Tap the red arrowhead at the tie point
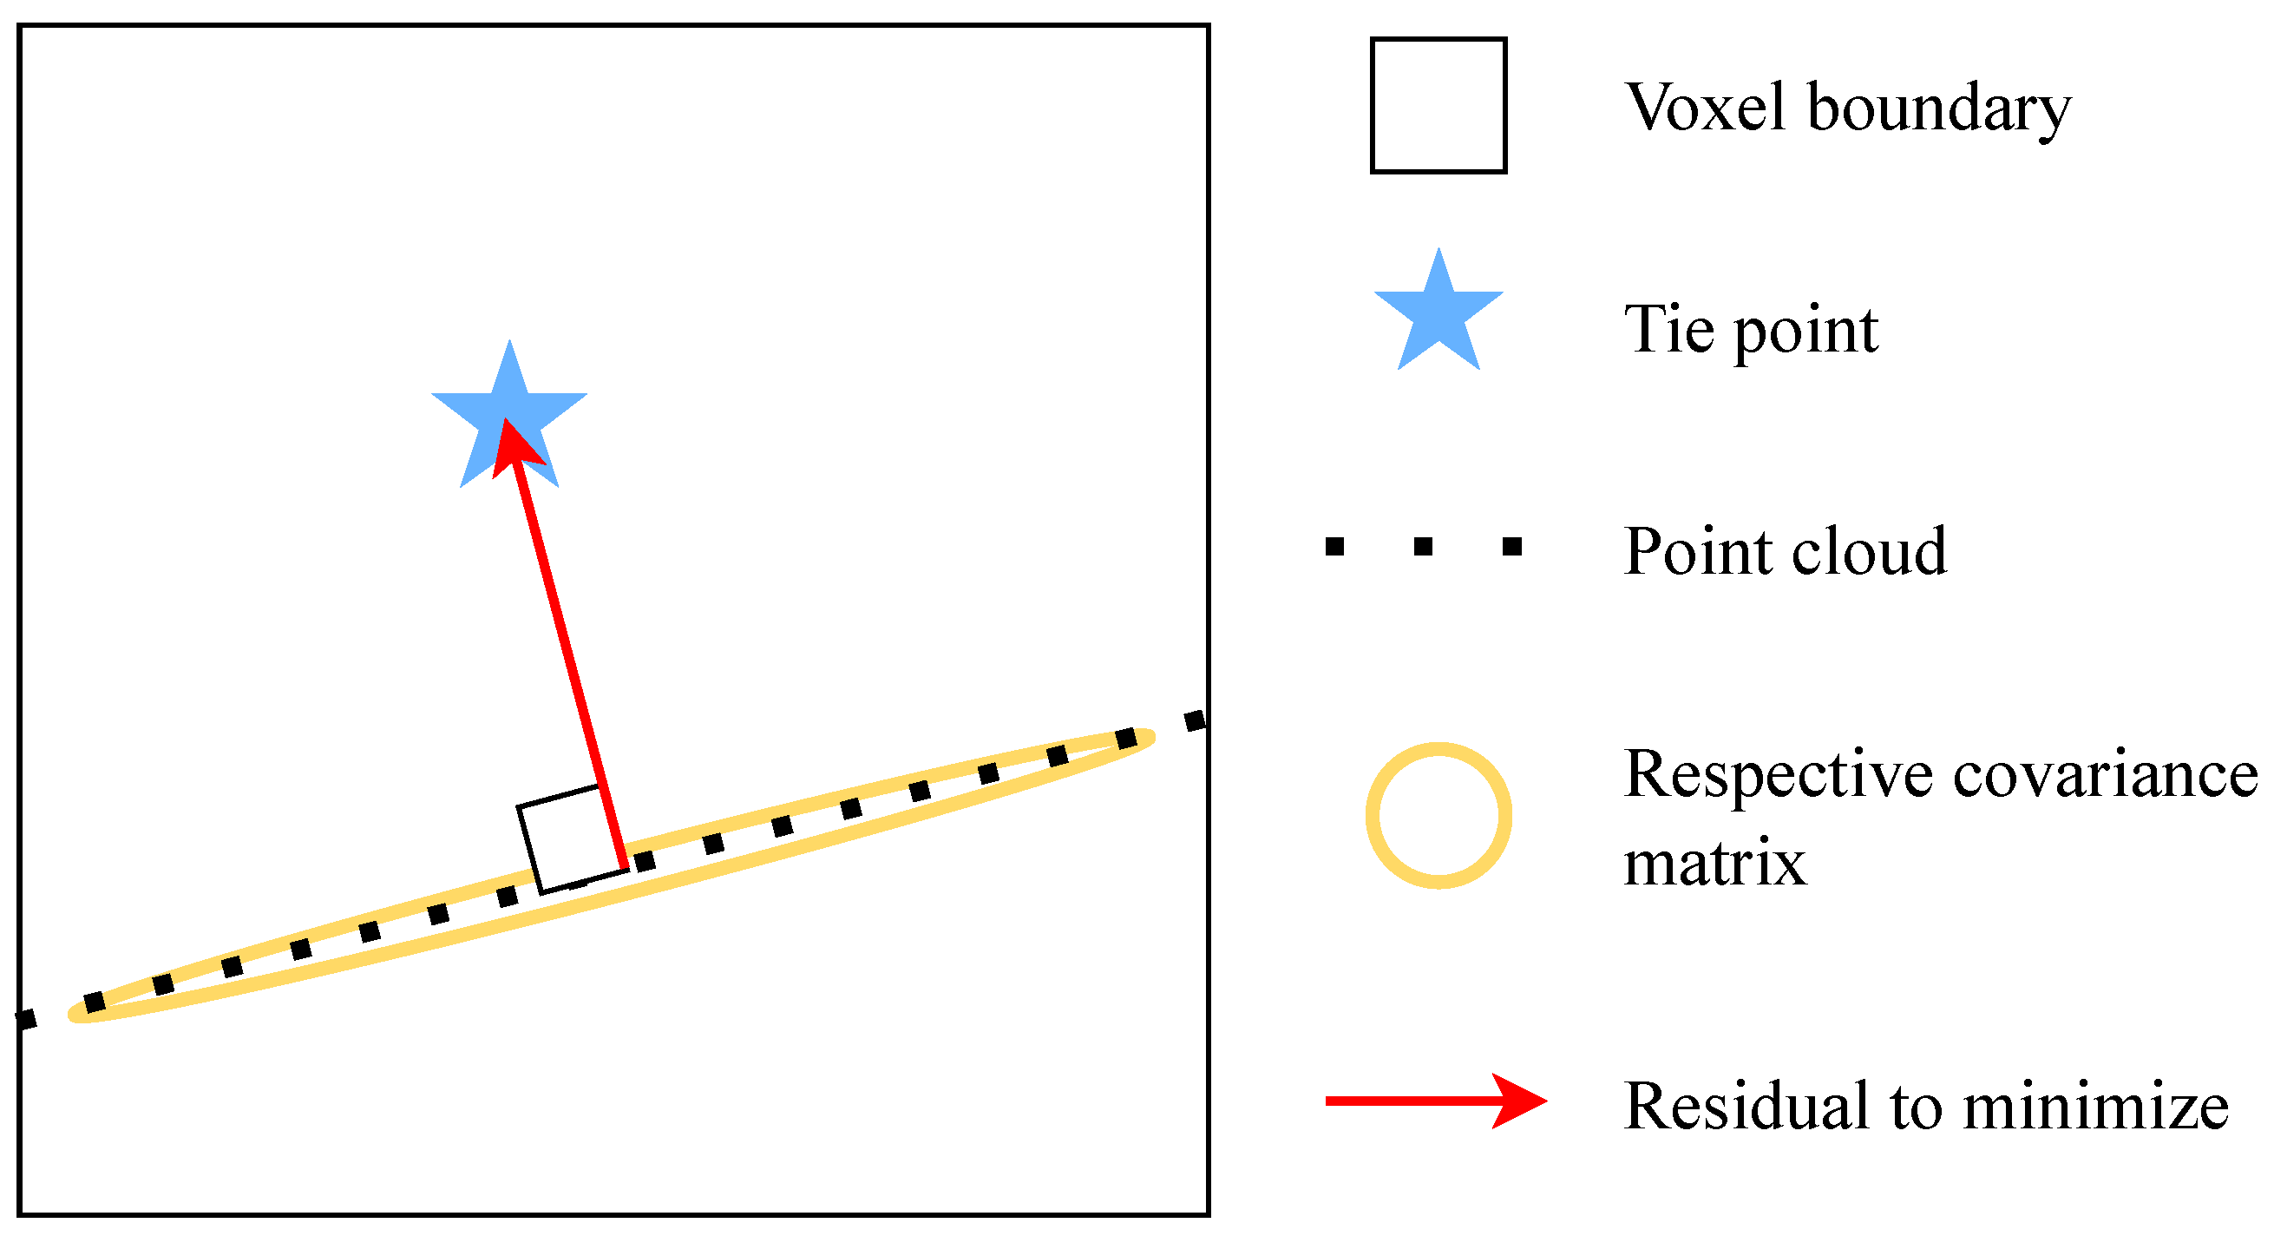tap(514, 446)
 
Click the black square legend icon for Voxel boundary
tap(1438, 105)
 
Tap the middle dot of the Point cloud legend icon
tap(1423, 547)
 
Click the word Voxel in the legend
tap(1706, 108)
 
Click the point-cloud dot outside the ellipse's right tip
tap(1195, 720)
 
